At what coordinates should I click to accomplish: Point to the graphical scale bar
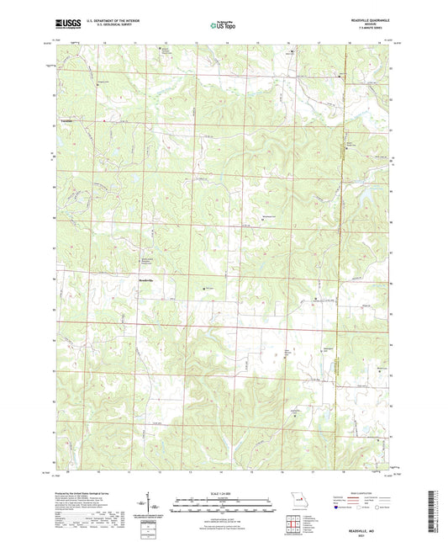coord(224,503)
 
